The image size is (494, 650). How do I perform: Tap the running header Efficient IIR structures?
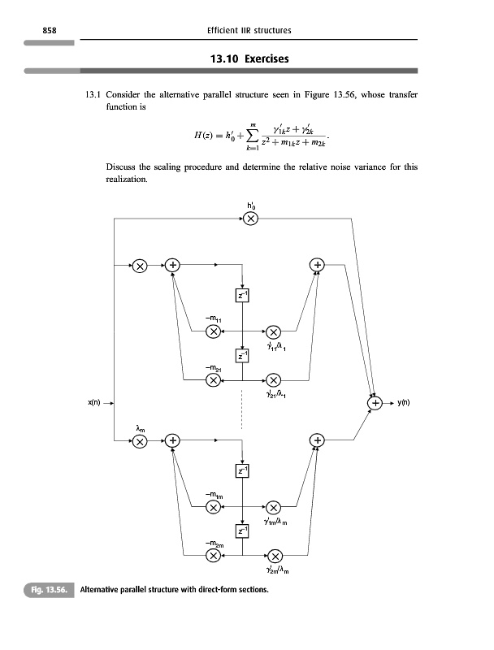tap(249, 30)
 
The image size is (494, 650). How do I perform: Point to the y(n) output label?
tap(404, 401)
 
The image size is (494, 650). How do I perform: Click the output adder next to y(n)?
tap(375, 401)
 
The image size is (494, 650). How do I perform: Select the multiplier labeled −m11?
tap(212, 331)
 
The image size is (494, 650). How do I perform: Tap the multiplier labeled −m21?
tap(212, 379)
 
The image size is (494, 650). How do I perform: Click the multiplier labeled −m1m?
tap(212, 508)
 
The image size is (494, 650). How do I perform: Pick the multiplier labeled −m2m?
tap(212, 556)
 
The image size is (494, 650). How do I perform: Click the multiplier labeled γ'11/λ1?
tap(274, 331)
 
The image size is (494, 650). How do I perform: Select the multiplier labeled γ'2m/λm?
tap(274, 556)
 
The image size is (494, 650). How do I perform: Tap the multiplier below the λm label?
tap(140, 441)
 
